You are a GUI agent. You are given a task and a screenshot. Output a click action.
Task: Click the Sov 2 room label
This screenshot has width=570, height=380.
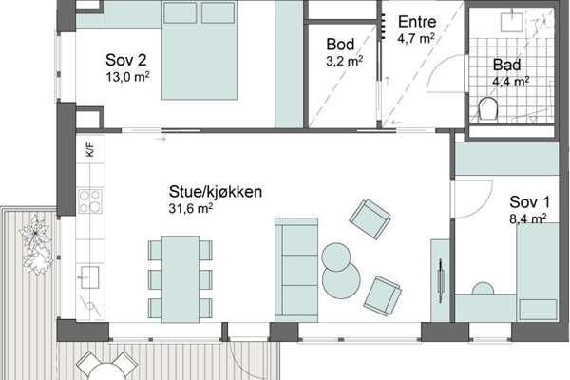[x=125, y=60]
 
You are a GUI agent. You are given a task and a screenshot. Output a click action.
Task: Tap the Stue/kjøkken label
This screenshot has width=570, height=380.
[x=216, y=192]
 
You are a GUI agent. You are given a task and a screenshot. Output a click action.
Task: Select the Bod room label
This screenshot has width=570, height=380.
[x=340, y=45]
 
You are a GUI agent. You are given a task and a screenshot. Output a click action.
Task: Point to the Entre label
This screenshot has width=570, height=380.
[x=417, y=22]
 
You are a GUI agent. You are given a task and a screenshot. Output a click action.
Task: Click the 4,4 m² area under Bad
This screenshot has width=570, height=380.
[x=510, y=82]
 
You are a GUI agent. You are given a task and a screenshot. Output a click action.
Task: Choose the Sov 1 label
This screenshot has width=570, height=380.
[x=530, y=202]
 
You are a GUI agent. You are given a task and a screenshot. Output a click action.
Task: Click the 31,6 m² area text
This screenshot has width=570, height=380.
[x=191, y=208]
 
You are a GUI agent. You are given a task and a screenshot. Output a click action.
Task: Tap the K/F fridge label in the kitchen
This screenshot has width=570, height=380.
[x=90, y=150]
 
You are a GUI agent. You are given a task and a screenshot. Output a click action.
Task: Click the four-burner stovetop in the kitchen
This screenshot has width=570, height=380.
[x=90, y=201]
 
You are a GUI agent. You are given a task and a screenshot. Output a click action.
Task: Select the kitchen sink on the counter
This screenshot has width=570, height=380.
[x=89, y=277]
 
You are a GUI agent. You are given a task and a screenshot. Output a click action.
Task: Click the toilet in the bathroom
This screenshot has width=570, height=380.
[x=488, y=107]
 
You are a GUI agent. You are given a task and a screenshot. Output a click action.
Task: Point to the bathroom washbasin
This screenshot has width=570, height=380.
[x=512, y=22]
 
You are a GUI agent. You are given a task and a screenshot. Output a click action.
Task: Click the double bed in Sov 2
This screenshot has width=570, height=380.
[x=199, y=50]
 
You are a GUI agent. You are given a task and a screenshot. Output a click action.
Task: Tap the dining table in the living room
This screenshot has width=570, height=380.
[x=180, y=279]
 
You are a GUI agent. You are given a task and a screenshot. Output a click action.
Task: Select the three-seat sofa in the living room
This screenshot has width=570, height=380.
[x=296, y=270]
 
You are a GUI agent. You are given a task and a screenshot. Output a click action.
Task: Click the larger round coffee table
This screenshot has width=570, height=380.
[x=341, y=278]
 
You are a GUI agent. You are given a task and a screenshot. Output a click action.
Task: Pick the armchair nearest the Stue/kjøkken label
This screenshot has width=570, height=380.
[x=370, y=218]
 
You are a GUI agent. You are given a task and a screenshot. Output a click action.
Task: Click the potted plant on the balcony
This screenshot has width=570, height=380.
[x=36, y=243]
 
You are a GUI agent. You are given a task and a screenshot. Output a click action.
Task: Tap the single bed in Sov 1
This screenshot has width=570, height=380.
[x=538, y=272]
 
